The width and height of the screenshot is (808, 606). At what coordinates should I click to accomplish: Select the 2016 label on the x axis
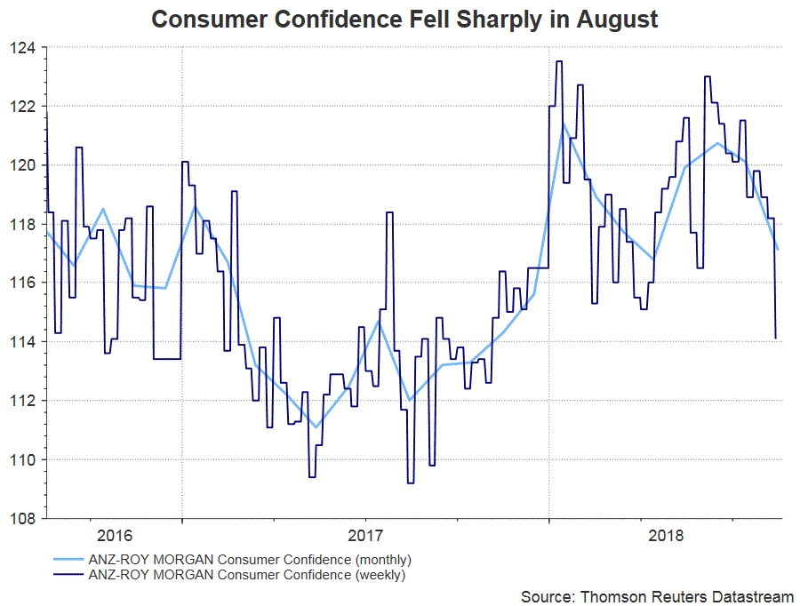(115, 536)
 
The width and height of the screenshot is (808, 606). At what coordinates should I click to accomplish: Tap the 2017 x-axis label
(365, 536)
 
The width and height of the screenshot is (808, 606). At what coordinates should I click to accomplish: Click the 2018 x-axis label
(667, 536)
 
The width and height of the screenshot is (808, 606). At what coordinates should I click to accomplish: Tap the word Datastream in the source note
(752, 595)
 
